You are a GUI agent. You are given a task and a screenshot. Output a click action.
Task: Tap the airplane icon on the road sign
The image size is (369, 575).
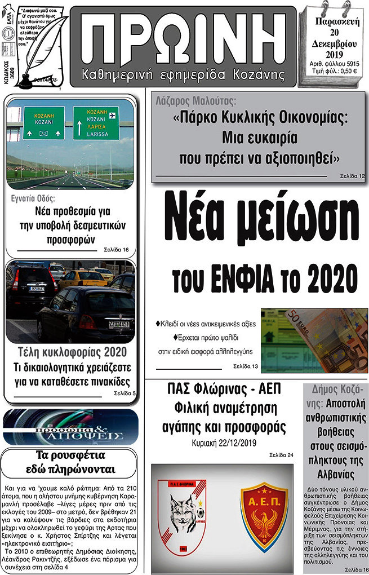pyautogui.click(x=112, y=115)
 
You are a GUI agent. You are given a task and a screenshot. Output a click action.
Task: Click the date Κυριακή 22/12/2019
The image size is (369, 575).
pyautogui.click(x=224, y=442)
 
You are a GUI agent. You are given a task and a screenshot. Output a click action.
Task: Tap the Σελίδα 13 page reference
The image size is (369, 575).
pyautogui.click(x=246, y=366)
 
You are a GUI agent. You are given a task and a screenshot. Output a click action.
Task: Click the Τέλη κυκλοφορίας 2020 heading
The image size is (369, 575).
pyautogui.click(x=70, y=353)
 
